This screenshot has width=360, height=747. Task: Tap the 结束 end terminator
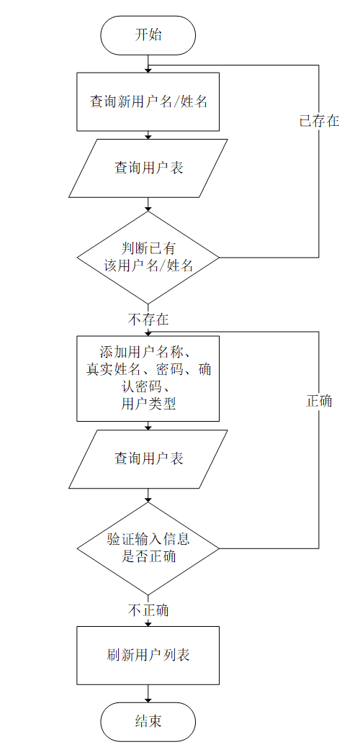pyautogui.click(x=148, y=722)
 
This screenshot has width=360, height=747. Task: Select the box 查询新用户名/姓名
pyautogui.click(x=148, y=101)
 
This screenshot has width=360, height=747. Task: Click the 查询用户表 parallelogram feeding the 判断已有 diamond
pyautogui.click(x=148, y=168)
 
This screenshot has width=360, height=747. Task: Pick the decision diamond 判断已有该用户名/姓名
pyautogui.click(x=148, y=258)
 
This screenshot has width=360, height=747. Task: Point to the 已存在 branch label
pyautogui.click(x=319, y=120)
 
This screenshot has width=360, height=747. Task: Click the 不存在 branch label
pyautogui.click(x=148, y=319)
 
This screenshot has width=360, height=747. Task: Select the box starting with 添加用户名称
pyautogui.click(x=148, y=379)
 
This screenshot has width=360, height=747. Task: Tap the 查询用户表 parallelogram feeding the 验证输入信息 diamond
pyautogui.click(x=148, y=458)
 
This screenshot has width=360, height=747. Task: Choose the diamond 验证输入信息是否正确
pyautogui.click(x=148, y=548)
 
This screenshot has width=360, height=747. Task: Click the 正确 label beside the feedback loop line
pyautogui.click(x=319, y=401)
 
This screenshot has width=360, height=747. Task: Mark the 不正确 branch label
pyautogui.click(x=148, y=610)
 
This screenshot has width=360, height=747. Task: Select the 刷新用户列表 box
pyautogui.click(x=148, y=656)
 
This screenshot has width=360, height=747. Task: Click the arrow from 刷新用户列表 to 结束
pyautogui.click(x=148, y=694)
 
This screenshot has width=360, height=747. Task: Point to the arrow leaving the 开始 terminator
pyautogui.click(x=148, y=64)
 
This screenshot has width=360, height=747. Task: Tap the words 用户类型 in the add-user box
pyautogui.click(x=148, y=404)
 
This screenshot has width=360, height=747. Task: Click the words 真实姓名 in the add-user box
pyautogui.click(x=113, y=370)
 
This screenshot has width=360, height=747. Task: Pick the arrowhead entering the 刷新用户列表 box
pyautogui.click(x=148, y=624)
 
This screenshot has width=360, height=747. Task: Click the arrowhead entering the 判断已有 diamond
pyautogui.click(x=148, y=208)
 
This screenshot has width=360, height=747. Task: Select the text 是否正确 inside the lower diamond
pyautogui.click(x=148, y=556)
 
